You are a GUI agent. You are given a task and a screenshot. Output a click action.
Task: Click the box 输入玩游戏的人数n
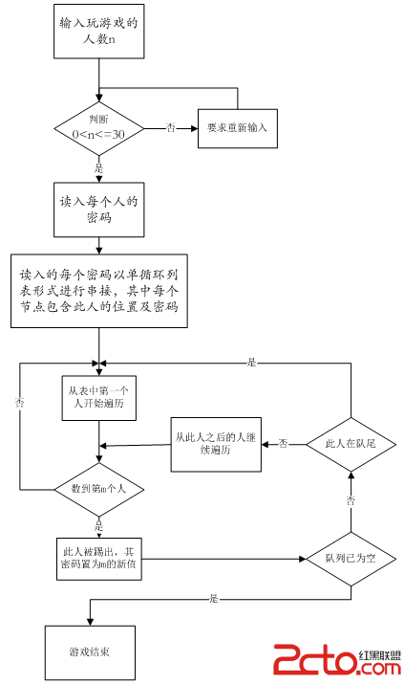point(99,32)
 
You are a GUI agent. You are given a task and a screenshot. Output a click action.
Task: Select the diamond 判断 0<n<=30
point(99,128)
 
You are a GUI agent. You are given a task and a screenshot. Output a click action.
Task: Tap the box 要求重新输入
point(238,128)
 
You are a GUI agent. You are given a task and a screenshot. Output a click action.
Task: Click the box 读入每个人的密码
point(99,210)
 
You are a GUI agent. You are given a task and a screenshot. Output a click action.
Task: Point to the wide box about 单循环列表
point(99,291)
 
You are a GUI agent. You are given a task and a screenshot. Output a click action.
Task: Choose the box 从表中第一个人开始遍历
point(99,398)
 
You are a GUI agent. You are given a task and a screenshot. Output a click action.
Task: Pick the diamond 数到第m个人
point(99,489)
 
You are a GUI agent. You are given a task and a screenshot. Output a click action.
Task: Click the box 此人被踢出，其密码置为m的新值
point(99,559)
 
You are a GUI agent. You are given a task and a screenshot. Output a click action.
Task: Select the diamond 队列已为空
point(351,559)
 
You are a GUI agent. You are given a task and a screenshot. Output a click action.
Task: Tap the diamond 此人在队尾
point(351,444)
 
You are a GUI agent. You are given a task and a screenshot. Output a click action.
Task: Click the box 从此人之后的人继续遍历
point(216,444)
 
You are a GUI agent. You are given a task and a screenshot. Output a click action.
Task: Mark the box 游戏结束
point(90,652)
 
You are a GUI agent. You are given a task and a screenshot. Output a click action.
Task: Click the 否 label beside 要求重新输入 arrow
point(171,128)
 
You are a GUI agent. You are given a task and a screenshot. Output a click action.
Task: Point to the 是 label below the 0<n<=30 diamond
point(99,168)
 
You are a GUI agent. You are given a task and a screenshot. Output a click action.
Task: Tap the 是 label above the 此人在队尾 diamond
point(252,363)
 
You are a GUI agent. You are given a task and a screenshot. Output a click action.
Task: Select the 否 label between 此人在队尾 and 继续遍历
point(284,444)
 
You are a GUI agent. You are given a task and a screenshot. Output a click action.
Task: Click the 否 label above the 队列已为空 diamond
point(351,500)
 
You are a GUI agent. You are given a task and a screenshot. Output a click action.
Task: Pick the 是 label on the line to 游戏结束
point(214,599)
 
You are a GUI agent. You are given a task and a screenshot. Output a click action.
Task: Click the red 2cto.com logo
point(337,660)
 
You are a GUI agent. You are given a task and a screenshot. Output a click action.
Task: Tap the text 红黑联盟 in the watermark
point(379,654)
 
